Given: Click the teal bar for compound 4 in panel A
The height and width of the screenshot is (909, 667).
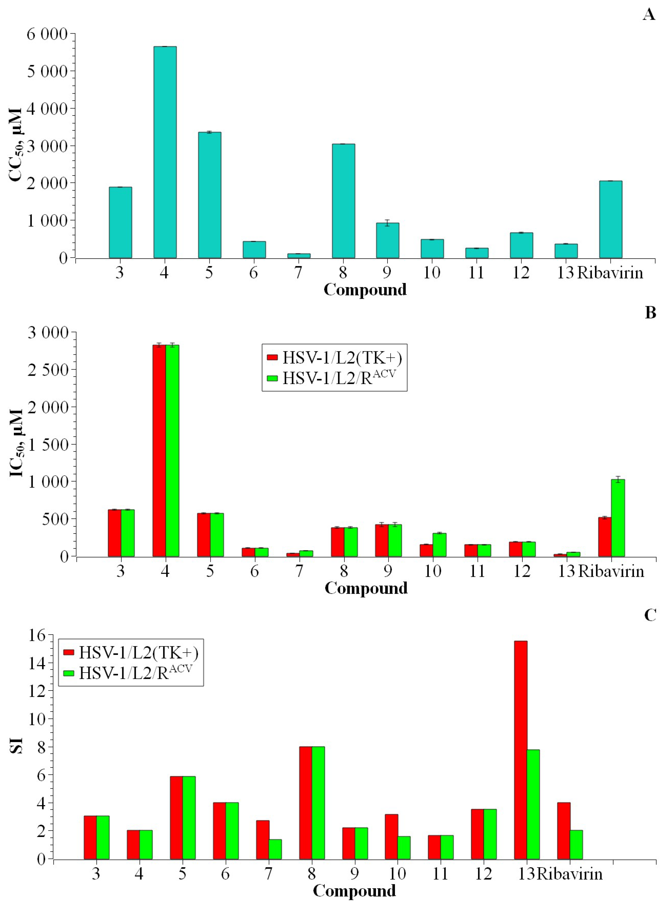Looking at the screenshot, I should tap(165, 152).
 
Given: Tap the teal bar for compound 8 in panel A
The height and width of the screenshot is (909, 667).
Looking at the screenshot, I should tap(343, 201).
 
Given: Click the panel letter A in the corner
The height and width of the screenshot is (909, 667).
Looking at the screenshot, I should tap(648, 15).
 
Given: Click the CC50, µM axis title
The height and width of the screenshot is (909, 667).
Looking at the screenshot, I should tap(16, 145).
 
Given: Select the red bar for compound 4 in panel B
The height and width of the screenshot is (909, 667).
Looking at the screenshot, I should tap(159, 450).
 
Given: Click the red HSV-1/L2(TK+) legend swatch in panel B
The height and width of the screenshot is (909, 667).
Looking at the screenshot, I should tap(273, 357).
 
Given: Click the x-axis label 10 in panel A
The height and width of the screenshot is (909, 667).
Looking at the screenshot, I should tap(431, 273).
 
